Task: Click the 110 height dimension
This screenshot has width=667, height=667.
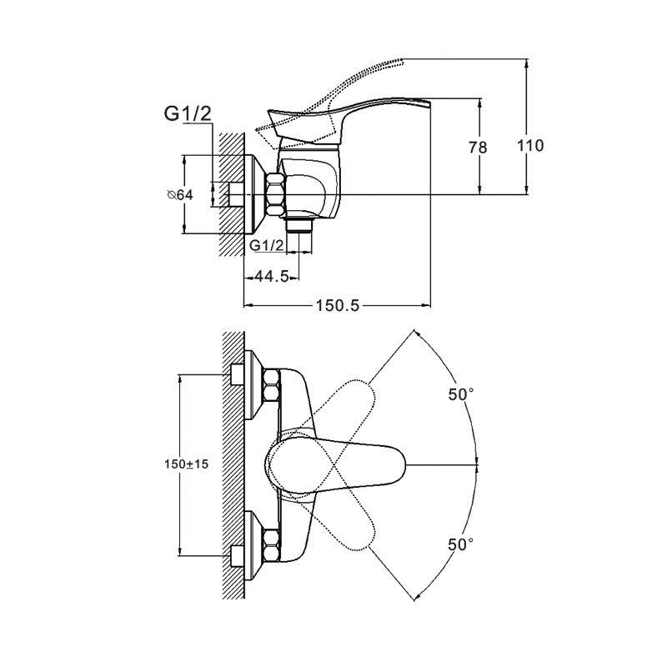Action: [x=530, y=146]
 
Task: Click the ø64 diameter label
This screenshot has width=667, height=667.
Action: [x=179, y=194]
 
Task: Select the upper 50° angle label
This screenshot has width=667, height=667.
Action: [x=460, y=396]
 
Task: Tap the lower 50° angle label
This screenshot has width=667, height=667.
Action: [x=460, y=544]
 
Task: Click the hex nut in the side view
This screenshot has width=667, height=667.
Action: [x=275, y=193]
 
